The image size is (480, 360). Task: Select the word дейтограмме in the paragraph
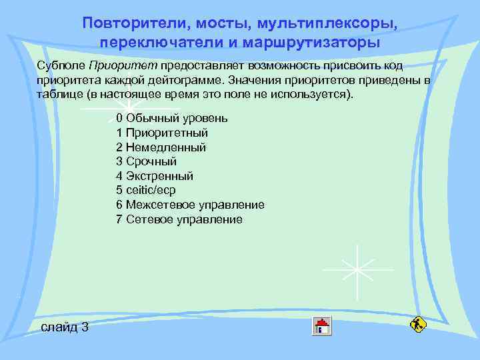point(190,81)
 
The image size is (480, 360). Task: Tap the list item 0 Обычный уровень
point(172,118)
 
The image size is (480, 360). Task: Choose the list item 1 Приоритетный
point(162,133)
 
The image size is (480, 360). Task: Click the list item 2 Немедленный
point(161,147)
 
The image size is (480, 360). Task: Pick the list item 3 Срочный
point(146,161)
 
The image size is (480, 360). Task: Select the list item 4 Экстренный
point(155,176)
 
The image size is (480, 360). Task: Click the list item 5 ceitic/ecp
point(146,190)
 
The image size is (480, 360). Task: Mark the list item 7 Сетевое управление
point(179,219)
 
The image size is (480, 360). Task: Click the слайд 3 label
point(65,326)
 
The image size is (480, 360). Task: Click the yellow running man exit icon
point(418,325)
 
